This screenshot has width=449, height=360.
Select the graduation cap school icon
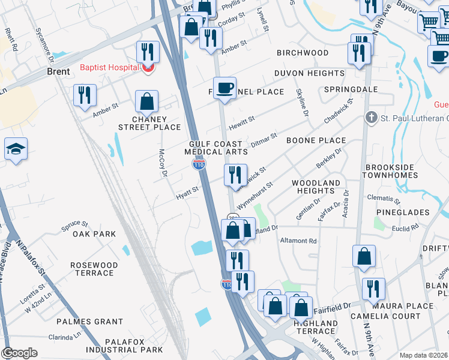[16, 150]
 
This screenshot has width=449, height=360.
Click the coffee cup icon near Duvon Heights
[225, 88]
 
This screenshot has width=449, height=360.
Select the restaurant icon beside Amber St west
[85, 94]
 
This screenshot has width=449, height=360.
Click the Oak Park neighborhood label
[94, 234]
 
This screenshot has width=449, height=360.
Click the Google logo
[19, 353]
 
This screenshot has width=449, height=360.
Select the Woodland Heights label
[316, 186]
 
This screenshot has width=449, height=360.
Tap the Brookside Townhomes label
[399, 171]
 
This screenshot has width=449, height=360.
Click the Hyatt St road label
[187, 193]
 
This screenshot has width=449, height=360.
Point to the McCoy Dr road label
[161, 163]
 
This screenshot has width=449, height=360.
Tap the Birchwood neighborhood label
[303, 53]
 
